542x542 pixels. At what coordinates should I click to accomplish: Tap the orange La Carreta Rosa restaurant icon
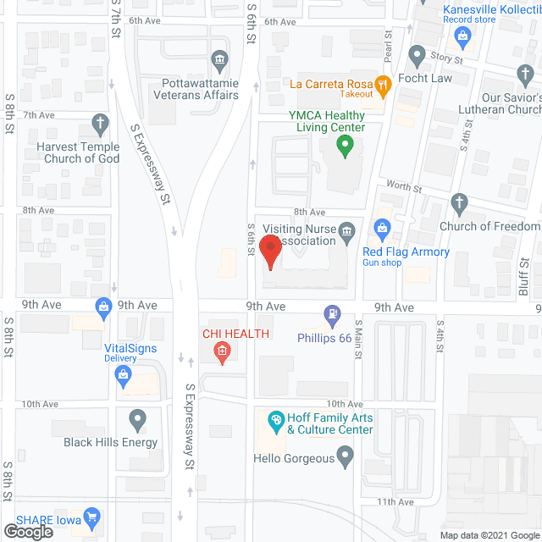click(384, 83)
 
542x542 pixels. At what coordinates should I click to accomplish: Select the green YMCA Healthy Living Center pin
click(344, 146)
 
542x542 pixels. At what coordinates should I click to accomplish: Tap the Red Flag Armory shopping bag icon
click(382, 227)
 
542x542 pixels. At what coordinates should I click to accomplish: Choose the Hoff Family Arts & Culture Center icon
click(275, 418)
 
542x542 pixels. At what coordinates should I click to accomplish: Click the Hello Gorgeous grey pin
click(344, 458)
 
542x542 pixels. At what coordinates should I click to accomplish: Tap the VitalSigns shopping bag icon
click(104, 306)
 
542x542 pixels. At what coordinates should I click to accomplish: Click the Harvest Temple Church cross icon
click(101, 124)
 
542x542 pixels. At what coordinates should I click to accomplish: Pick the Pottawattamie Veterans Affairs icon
click(219, 60)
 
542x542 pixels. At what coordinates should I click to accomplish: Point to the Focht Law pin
click(416, 56)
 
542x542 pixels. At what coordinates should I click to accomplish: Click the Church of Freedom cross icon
click(458, 204)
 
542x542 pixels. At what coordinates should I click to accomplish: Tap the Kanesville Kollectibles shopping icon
click(462, 35)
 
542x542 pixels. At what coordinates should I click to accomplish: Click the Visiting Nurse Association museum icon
click(346, 231)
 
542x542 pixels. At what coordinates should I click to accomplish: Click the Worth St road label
click(403, 186)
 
